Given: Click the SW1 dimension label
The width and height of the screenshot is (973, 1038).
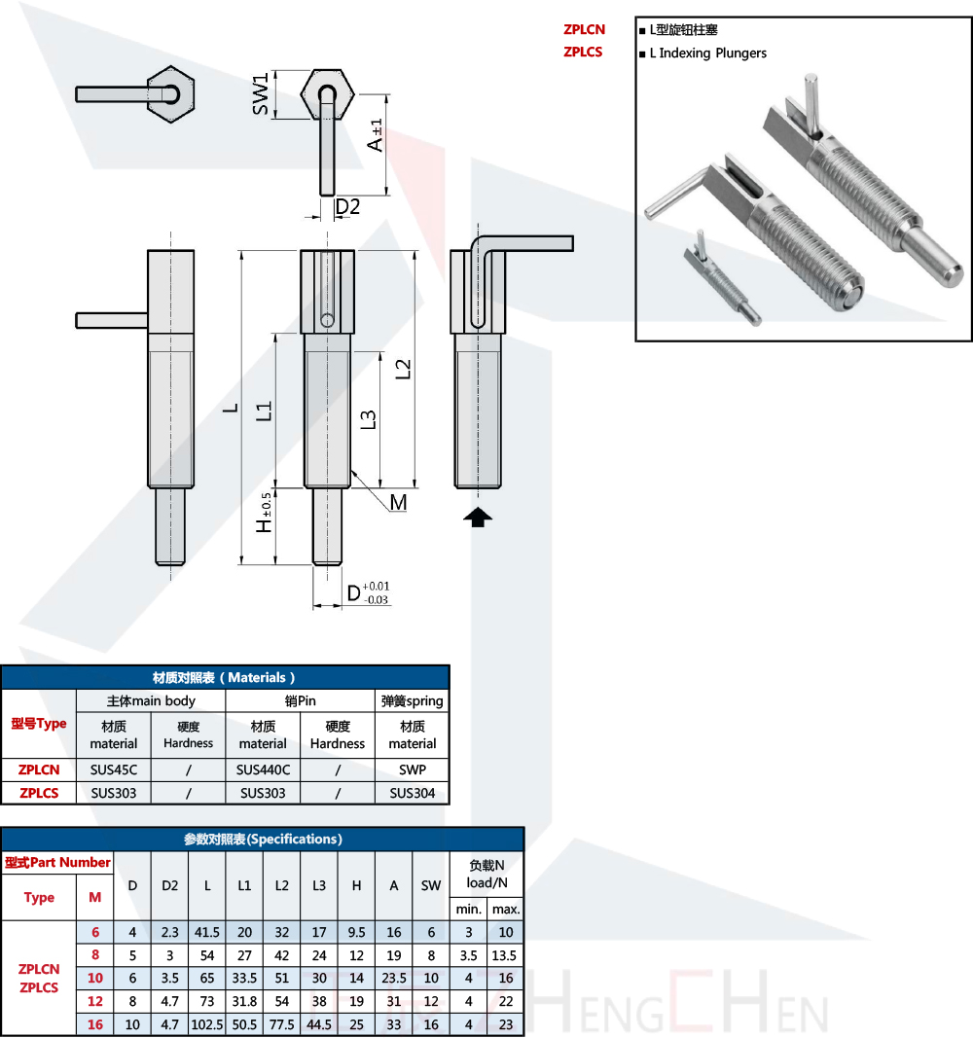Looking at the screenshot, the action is point(261,94).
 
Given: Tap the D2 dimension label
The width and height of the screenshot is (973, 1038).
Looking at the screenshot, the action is point(347,207).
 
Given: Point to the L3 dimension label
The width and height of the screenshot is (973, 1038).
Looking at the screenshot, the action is point(368,419).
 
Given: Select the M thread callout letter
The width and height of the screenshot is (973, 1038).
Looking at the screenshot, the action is point(399,503).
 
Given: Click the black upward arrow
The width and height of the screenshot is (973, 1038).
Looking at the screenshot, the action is point(478,517).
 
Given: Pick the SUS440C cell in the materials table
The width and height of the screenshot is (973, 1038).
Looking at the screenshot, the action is point(263,770).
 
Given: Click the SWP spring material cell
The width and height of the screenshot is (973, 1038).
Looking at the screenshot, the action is point(413,770).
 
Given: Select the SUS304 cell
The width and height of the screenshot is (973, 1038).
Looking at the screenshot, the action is point(413,793).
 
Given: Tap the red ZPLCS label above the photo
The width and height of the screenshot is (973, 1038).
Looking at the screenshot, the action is point(583,52).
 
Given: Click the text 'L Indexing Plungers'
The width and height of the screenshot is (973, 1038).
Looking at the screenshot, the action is point(708,53).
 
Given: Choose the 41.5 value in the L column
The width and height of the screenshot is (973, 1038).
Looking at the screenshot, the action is point(207,932).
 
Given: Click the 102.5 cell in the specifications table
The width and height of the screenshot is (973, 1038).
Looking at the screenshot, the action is point(207,1024).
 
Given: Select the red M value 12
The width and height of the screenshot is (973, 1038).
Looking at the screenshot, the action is point(95,1001).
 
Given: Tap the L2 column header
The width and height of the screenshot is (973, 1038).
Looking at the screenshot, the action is point(282,885).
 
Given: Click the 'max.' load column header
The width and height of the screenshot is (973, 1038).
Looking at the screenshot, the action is point(506,910).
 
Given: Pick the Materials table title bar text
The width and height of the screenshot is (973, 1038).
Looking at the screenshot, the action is point(224,678).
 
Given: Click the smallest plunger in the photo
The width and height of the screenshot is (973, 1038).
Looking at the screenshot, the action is point(721,278).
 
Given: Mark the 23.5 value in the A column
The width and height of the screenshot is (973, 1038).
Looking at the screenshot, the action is point(394,978).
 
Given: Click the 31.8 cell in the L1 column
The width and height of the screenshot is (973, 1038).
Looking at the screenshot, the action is point(244,1001).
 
